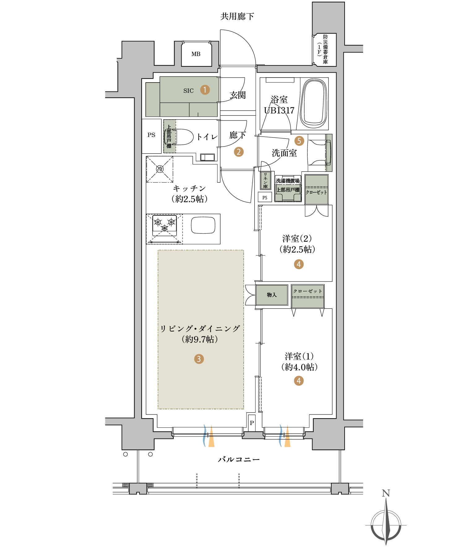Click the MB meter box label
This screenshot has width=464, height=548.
196,54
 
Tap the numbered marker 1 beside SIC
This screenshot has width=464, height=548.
205,90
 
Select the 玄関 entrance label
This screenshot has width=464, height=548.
238,95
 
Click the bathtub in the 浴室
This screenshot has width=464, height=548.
314,104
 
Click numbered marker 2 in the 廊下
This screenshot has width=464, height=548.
239,152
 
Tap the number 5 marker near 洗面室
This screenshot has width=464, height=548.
299,141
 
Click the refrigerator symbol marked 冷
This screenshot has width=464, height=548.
160,169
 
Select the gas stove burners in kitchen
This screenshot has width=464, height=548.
165,225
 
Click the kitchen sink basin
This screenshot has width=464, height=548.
203,225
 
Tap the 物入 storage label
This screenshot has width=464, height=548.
272,295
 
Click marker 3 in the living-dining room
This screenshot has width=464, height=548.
199,359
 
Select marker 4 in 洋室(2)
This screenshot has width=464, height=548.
299,264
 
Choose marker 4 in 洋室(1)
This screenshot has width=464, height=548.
299,381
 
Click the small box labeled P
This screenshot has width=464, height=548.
252,423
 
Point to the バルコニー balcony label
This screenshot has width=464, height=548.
239,460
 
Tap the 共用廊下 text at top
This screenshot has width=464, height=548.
237,16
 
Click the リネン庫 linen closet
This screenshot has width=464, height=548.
265,181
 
